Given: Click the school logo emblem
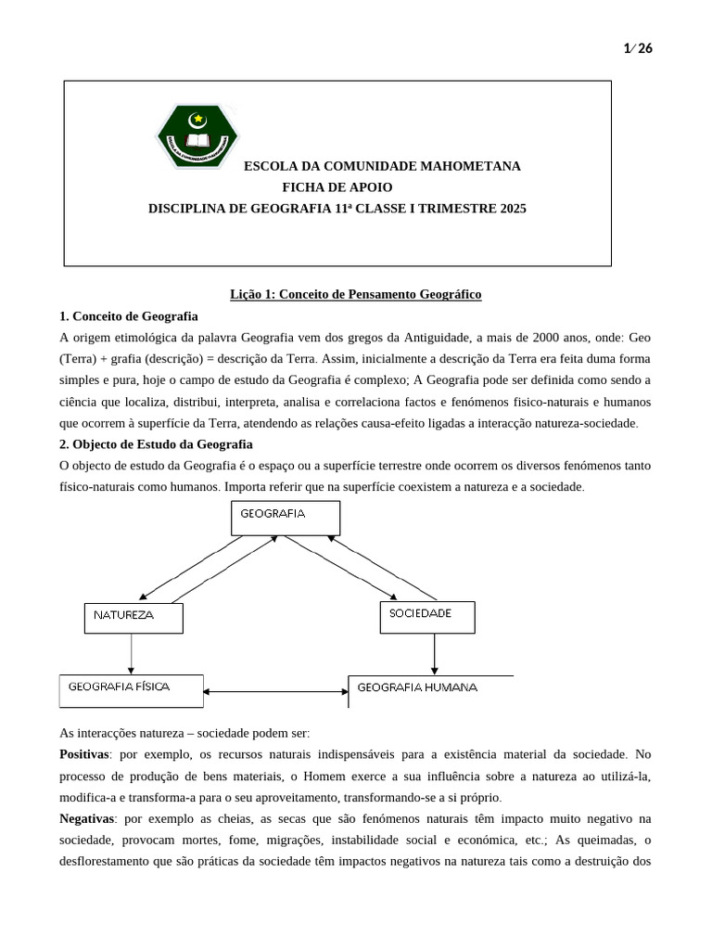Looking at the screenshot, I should (x=197, y=135).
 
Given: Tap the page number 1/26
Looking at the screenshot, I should (x=639, y=49).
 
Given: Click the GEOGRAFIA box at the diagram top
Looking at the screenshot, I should (x=286, y=518).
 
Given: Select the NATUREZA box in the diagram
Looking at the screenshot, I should (x=133, y=618).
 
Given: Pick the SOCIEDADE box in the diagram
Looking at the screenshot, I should (x=427, y=616).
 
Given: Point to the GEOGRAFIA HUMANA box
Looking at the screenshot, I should (x=430, y=690).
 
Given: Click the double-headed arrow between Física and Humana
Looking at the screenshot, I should (x=275, y=692).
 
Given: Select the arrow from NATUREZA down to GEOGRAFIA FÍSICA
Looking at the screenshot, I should (x=132, y=653).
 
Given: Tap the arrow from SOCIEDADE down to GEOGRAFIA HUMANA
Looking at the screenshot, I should (x=433, y=654).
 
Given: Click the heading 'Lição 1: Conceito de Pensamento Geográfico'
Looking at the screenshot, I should (x=356, y=294).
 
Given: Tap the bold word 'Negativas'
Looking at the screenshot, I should (x=85, y=819).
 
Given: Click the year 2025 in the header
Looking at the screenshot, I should (x=512, y=209).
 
